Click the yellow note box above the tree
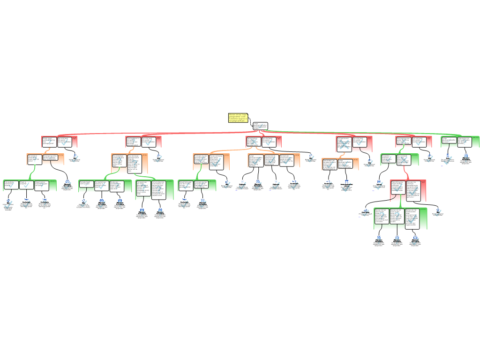238,118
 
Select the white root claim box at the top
260,126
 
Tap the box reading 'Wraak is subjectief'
26,185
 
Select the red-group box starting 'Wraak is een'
49,141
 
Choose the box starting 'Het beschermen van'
344,143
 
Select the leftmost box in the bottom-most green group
382,218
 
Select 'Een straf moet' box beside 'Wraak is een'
64,141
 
